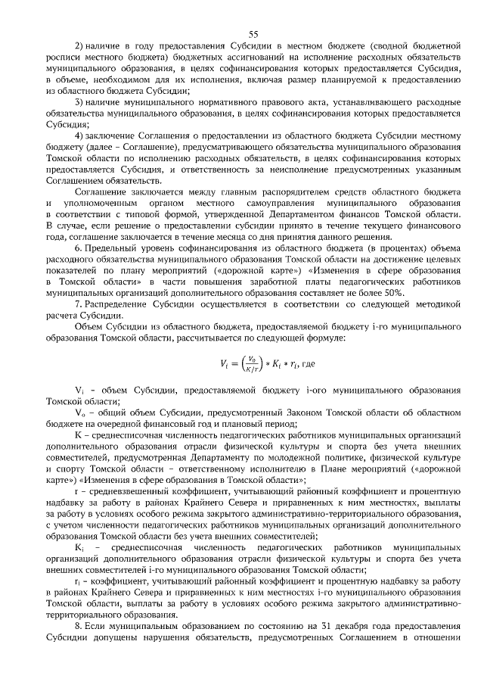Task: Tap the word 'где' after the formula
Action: pos(307,364)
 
